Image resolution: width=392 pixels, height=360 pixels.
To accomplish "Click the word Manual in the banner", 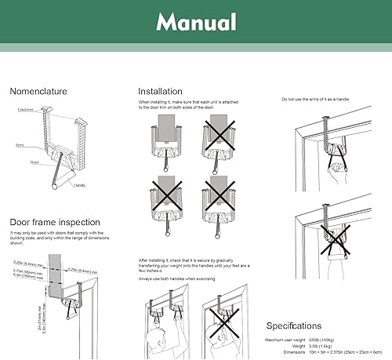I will [195, 21].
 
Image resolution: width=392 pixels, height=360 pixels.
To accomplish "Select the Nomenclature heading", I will [38, 92].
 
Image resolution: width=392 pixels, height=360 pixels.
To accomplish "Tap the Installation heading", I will [160, 92].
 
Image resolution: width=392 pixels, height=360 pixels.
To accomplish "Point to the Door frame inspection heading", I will [54, 222].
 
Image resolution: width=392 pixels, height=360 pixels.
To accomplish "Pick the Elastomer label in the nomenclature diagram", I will [25, 110].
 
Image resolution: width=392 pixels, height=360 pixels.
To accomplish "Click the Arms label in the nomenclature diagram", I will [21, 146].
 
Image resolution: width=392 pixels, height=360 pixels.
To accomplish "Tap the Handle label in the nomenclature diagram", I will [80, 185].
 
